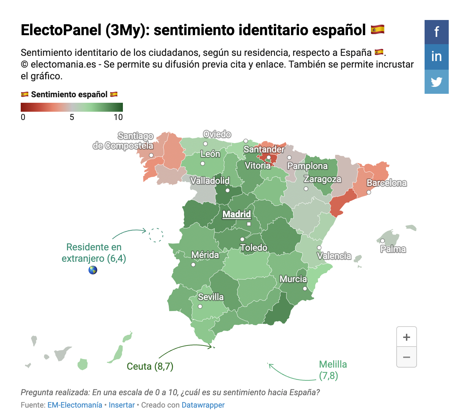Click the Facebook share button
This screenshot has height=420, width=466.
(436, 32)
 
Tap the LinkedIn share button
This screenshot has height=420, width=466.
(436, 57)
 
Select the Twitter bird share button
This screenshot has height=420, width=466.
(436, 82)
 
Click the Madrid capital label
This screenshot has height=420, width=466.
(236, 214)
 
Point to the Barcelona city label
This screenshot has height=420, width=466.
(387, 183)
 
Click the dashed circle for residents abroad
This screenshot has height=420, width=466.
(156, 235)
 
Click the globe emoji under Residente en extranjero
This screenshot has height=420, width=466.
(93, 270)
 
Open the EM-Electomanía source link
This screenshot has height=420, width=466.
(75, 405)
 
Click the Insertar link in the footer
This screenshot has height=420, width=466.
(122, 405)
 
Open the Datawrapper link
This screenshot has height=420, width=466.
(203, 405)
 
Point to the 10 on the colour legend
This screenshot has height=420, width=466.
(118, 117)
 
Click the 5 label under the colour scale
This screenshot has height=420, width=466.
(72, 117)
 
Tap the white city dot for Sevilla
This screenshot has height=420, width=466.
(200, 307)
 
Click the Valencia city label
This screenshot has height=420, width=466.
(334, 256)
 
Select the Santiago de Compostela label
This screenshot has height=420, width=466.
(123, 141)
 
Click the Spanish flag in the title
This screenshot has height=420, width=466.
(378, 30)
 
